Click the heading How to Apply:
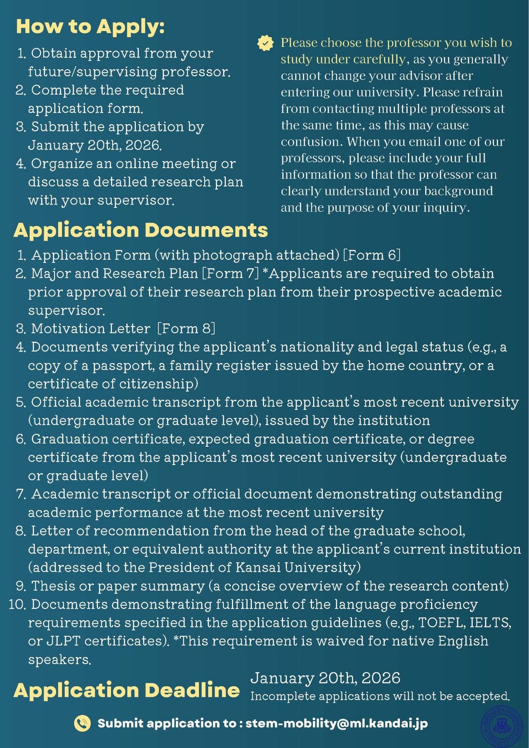90,27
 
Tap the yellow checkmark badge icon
265,43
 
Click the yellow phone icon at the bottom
82,723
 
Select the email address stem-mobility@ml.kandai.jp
336,723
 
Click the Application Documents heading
141,230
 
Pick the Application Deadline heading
126,690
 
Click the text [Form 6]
372,255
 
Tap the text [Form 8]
186,328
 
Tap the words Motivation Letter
91,328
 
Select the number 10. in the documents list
16,604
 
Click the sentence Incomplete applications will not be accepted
380,696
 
